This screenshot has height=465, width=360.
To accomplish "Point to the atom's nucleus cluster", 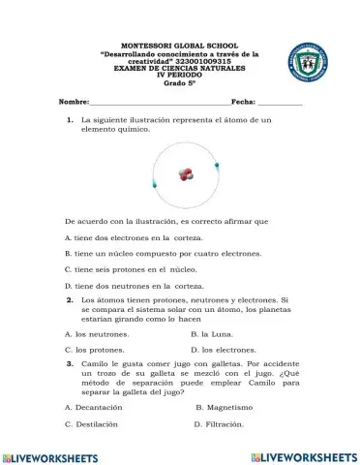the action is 186,174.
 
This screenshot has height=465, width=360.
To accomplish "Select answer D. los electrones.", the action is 223,348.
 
